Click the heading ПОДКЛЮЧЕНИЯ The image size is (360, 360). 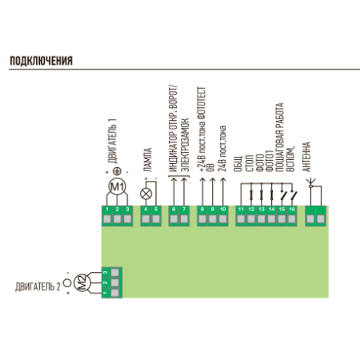pos(41,61)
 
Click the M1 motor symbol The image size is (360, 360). pos(117,187)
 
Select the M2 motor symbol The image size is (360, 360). pos(82,282)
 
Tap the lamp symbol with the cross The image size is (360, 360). pos(146,194)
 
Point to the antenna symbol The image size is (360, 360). pos(310,183)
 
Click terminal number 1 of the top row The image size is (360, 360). pos(107,216)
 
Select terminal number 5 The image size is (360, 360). pos(156,216)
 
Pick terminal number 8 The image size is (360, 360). pos(202,216)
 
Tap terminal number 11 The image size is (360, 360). pos(241,216)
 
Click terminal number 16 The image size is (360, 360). pos(292,216)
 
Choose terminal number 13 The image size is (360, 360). pos(262,216)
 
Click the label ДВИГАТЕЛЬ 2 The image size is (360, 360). pos(38,287)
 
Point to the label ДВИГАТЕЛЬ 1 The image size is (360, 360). pos(112,141)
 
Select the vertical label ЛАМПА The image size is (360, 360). pos(147,160)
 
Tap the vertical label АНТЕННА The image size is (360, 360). pos(306,157)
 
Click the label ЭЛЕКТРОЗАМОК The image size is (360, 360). pos(185,145)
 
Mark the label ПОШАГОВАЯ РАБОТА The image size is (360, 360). pos(278,138)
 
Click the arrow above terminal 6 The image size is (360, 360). pos(174,191)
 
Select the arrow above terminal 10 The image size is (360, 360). pos(223,191)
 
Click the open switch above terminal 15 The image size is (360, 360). pos(283,195)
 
